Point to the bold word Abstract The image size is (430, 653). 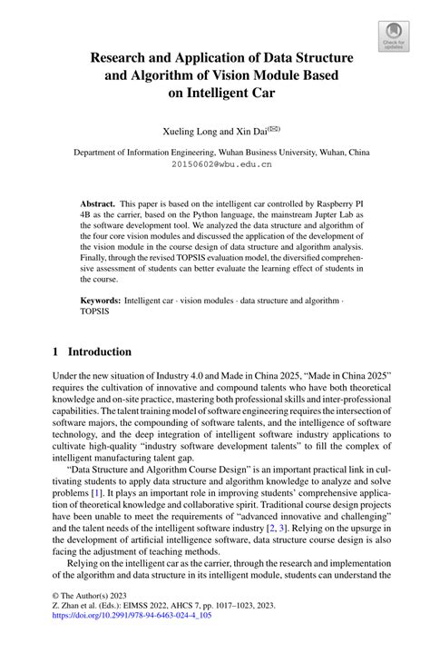click(x=97, y=205)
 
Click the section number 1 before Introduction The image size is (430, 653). click(x=56, y=352)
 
